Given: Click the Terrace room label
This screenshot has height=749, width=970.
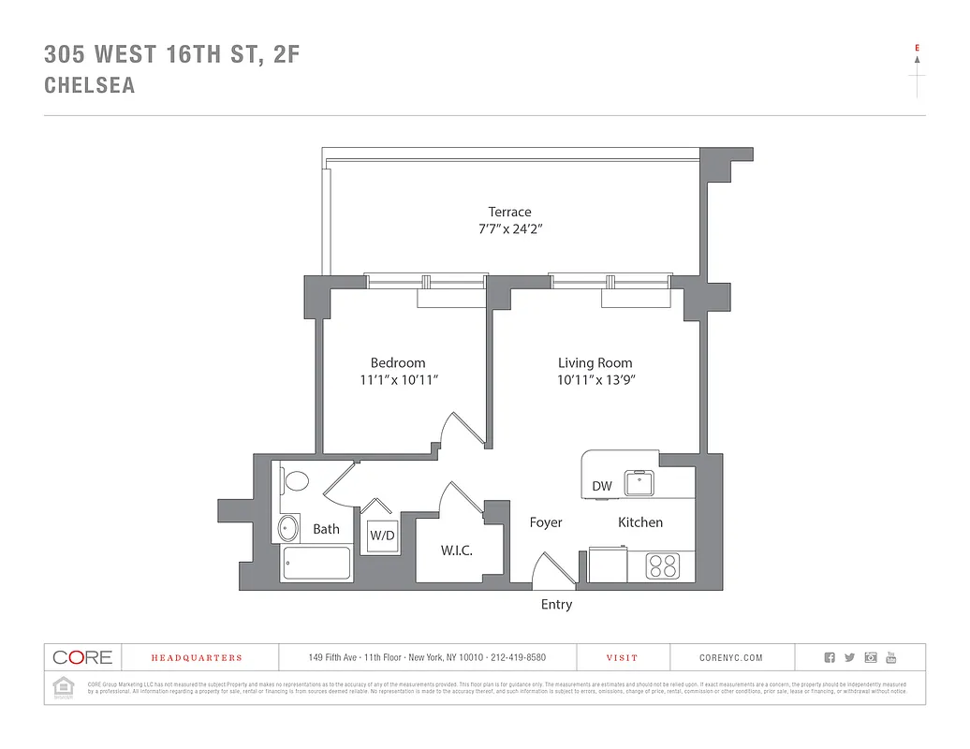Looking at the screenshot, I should click(509, 212).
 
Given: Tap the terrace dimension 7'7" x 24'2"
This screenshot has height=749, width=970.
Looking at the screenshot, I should click(509, 229).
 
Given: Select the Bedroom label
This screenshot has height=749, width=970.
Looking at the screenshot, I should click(398, 362).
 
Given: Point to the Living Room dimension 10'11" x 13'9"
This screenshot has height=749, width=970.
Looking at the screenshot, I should click(595, 380).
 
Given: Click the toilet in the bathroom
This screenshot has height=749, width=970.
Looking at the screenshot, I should click(295, 482).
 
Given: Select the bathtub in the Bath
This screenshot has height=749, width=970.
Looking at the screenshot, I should click(316, 564).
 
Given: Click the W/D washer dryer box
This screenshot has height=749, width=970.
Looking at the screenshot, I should click(381, 536).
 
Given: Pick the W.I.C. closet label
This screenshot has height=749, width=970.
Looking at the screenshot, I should click(457, 551).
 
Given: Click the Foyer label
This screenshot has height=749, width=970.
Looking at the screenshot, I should click(546, 522).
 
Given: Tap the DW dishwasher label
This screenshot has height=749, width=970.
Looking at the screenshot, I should click(602, 486).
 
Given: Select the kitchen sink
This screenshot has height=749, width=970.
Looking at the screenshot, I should click(641, 482).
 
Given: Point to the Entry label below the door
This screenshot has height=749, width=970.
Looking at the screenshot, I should click(556, 605).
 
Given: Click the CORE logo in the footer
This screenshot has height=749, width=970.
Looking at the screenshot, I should click(82, 657).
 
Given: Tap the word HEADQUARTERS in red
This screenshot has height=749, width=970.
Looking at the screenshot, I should click(197, 658).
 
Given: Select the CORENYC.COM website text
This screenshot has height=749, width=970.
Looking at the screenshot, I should click(731, 658).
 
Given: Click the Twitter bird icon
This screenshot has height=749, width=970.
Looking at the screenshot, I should click(849, 658).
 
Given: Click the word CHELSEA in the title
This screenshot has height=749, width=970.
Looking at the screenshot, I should click(90, 85).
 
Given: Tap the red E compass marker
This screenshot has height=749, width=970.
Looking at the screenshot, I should click(917, 47).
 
